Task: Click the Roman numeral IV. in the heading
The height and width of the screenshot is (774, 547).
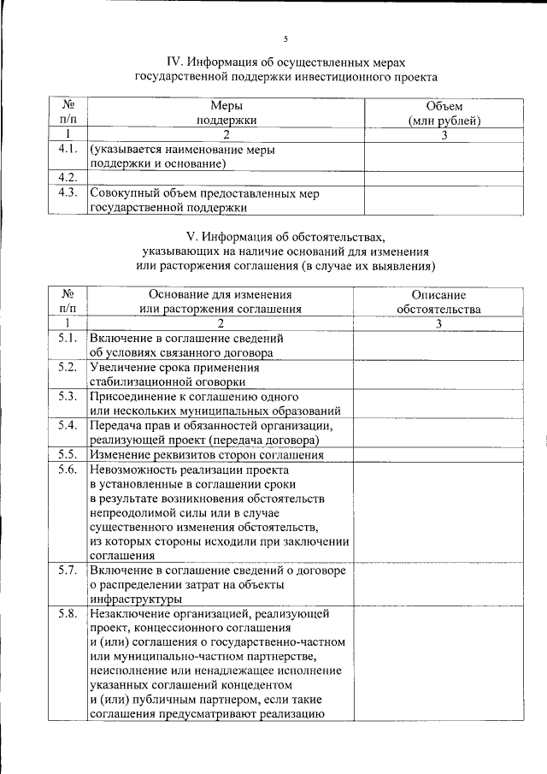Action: click(x=176, y=62)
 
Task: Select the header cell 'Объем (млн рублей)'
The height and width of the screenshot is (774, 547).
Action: click(x=444, y=114)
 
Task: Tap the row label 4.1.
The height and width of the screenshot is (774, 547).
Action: click(x=68, y=150)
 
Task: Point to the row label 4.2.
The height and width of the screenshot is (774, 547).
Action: click(x=68, y=177)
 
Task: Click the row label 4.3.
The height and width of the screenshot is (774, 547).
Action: click(x=68, y=193)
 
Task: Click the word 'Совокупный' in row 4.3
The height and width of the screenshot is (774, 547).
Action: click(x=123, y=193)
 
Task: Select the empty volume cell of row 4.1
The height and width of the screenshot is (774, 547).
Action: click(x=444, y=156)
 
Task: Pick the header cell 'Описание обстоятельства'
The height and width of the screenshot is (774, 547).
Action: click(x=438, y=301)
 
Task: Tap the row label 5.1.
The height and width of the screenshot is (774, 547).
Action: click(x=68, y=338)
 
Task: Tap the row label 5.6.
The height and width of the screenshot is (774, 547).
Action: click(x=68, y=470)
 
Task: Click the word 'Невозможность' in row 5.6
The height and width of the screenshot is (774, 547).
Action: click(x=131, y=470)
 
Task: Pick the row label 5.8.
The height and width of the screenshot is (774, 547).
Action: click(x=68, y=614)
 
